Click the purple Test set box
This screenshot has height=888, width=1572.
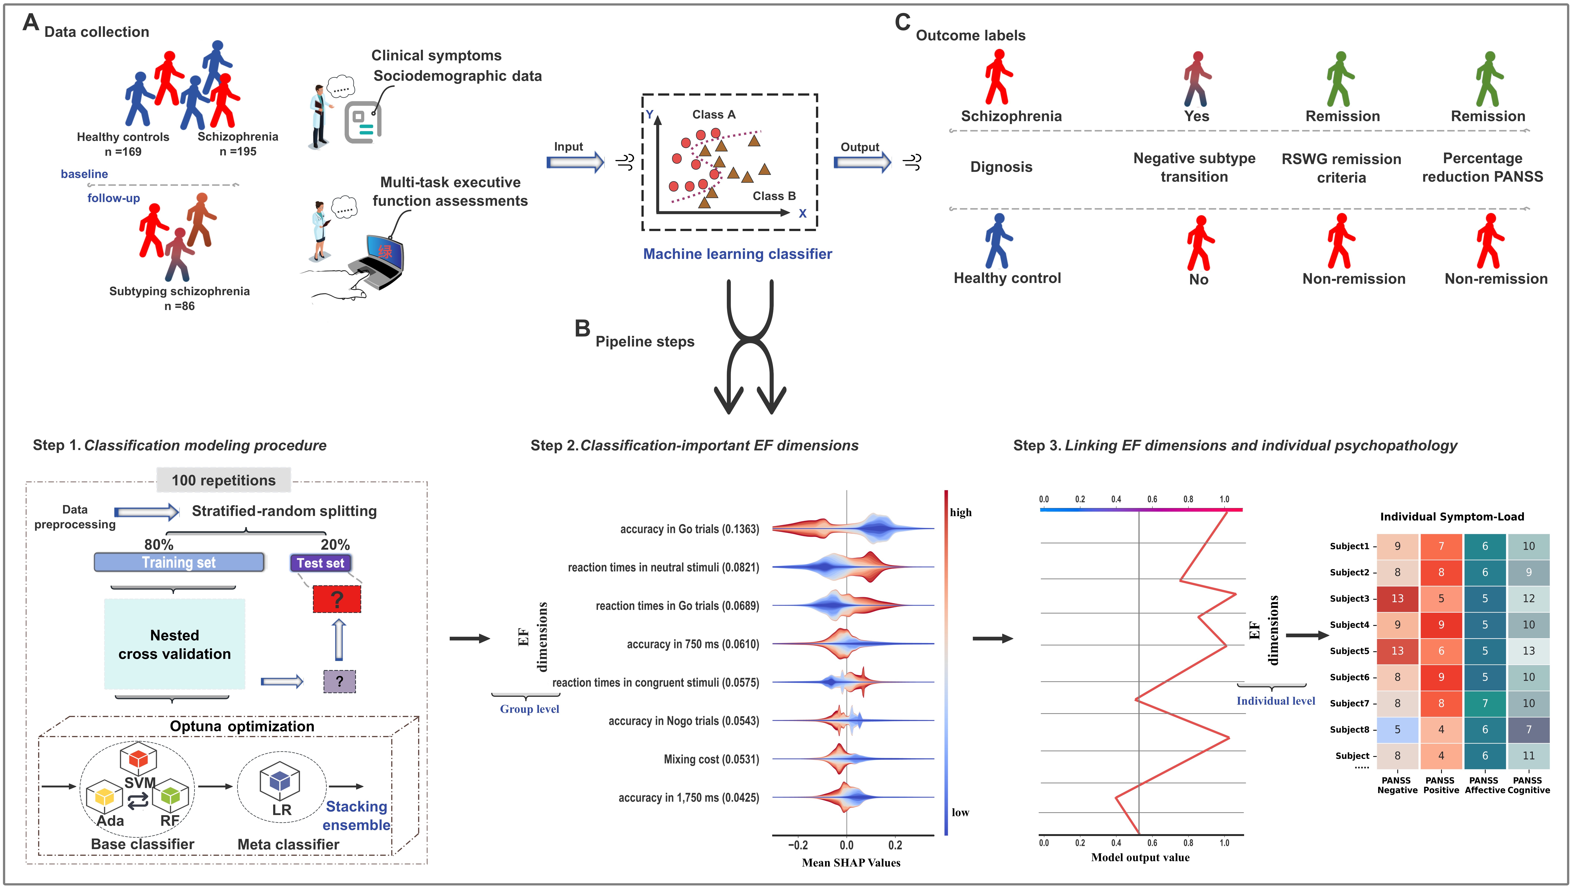click(320, 563)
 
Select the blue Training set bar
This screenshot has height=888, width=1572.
click(179, 562)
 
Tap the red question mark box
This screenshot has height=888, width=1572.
click(337, 599)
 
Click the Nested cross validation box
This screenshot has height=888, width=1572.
click(174, 644)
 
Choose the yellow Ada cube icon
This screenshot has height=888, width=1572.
click(104, 795)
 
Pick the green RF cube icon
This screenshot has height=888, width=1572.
click(170, 794)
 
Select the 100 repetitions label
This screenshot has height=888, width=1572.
click(223, 480)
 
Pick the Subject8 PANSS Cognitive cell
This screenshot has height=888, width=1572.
click(1529, 729)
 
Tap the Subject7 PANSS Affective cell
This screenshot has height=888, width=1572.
click(1485, 703)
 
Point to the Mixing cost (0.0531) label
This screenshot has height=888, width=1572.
click(711, 759)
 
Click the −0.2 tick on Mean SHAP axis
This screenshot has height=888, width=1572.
click(798, 845)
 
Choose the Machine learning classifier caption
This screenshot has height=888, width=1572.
click(738, 254)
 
